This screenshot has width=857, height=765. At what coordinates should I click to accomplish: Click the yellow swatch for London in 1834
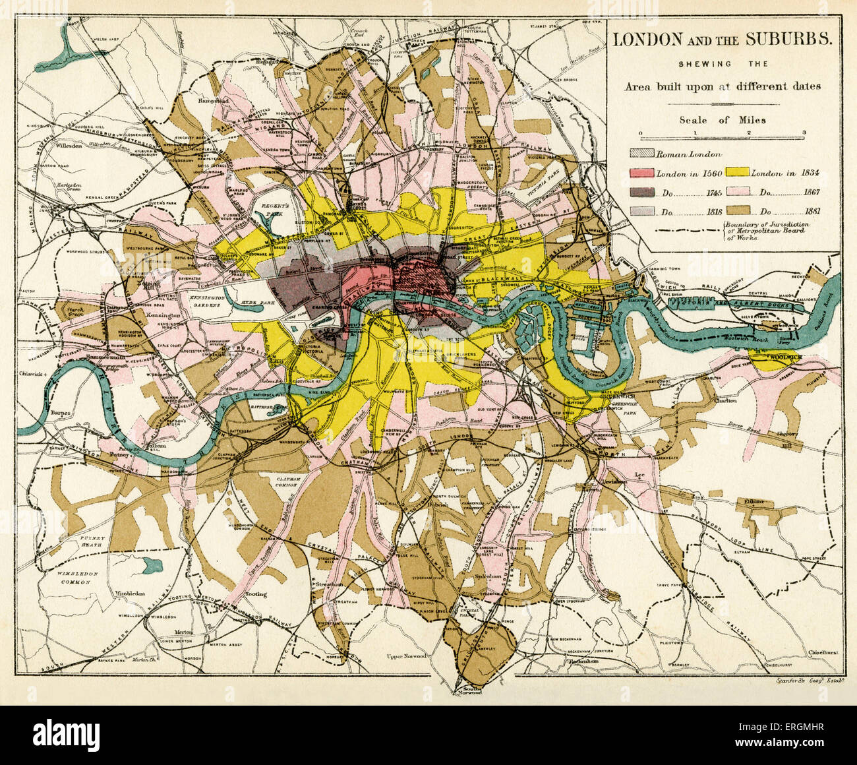pos(738,173)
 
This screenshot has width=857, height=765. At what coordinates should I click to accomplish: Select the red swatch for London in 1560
pos(642,173)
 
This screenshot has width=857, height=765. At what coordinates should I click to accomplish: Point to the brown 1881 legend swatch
pos(738,212)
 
